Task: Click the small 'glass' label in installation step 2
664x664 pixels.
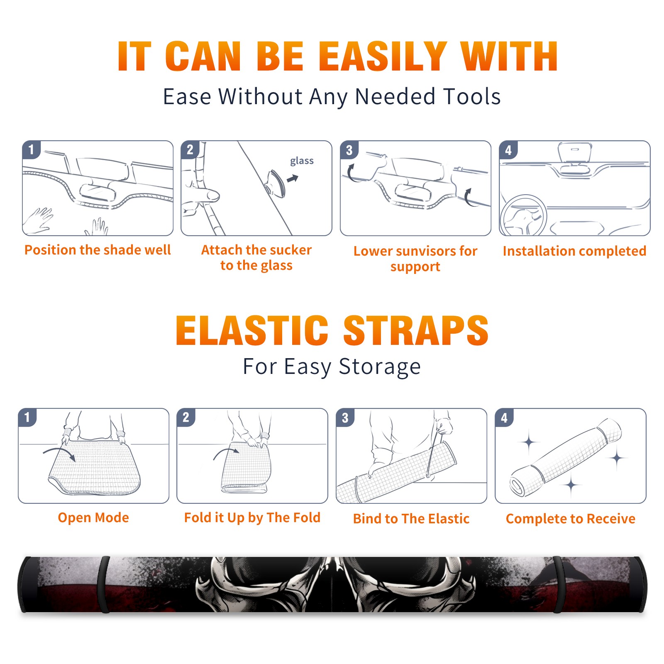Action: coord(302,161)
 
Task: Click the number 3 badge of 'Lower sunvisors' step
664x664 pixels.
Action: coord(349,150)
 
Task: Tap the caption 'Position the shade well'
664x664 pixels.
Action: coord(98,250)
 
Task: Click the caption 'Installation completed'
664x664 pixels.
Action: coord(574,251)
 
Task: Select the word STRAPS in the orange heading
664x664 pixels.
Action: coord(416,330)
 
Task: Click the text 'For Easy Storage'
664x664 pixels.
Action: coord(332,366)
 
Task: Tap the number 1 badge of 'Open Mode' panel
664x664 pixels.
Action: coord(27,417)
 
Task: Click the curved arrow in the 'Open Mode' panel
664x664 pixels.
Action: coord(59,453)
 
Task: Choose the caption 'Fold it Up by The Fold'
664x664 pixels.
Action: coord(252,518)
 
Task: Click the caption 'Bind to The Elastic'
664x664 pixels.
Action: coord(411,518)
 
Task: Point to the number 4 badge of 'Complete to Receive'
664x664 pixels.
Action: coord(504,417)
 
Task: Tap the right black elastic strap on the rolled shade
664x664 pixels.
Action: coord(558,584)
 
